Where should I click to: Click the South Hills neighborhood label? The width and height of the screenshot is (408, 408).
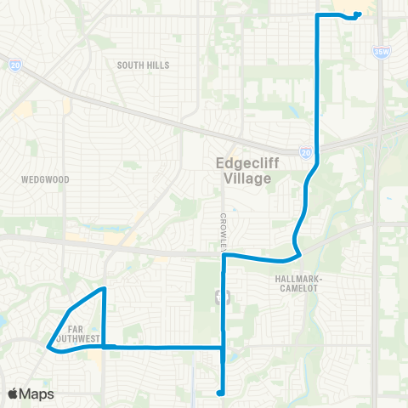[x=143, y=65]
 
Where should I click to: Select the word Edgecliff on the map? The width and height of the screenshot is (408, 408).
[x=242, y=165]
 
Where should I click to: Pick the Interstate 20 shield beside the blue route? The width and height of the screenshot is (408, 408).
[x=305, y=153]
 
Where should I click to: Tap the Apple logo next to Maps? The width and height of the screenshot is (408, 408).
[x=13, y=394]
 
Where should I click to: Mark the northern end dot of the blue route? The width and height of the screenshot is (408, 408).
[x=359, y=14]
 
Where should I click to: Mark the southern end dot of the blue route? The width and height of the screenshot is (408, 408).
[x=219, y=393]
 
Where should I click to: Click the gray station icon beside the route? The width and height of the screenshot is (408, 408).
[x=224, y=297]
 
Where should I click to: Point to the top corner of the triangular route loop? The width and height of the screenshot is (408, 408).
[x=104, y=289]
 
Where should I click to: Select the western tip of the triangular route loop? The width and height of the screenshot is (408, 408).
[x=47, y=346]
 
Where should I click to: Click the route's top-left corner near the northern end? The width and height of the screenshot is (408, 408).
[x=317, y=15]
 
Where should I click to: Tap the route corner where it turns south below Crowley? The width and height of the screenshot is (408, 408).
[x=224, y=254]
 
